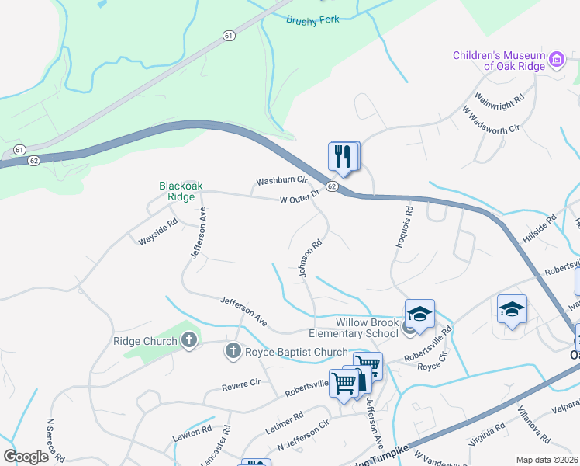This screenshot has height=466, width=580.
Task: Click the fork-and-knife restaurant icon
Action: [x=344, y=156]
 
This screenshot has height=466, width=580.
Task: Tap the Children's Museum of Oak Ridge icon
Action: [x=556, y=60]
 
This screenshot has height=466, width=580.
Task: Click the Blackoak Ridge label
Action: [x=176, y=191]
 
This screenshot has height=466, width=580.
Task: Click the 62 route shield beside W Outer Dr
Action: [x=331, y=187]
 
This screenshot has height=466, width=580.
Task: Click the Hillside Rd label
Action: [x=540, y=230]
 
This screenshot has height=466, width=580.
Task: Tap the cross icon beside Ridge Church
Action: [x=188, y=340]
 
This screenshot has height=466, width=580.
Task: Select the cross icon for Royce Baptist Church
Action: [x=232, y=352]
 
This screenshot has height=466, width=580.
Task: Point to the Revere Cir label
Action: [x=241, y=384]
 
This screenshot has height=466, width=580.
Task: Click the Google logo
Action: [x=26, y=457]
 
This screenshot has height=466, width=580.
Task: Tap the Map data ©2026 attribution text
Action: [x=546, y=460]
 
